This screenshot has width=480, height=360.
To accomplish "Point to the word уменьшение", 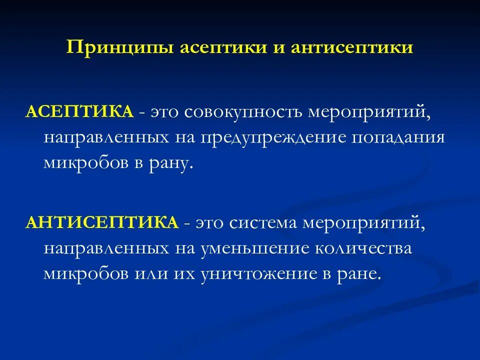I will click(253, 247).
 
